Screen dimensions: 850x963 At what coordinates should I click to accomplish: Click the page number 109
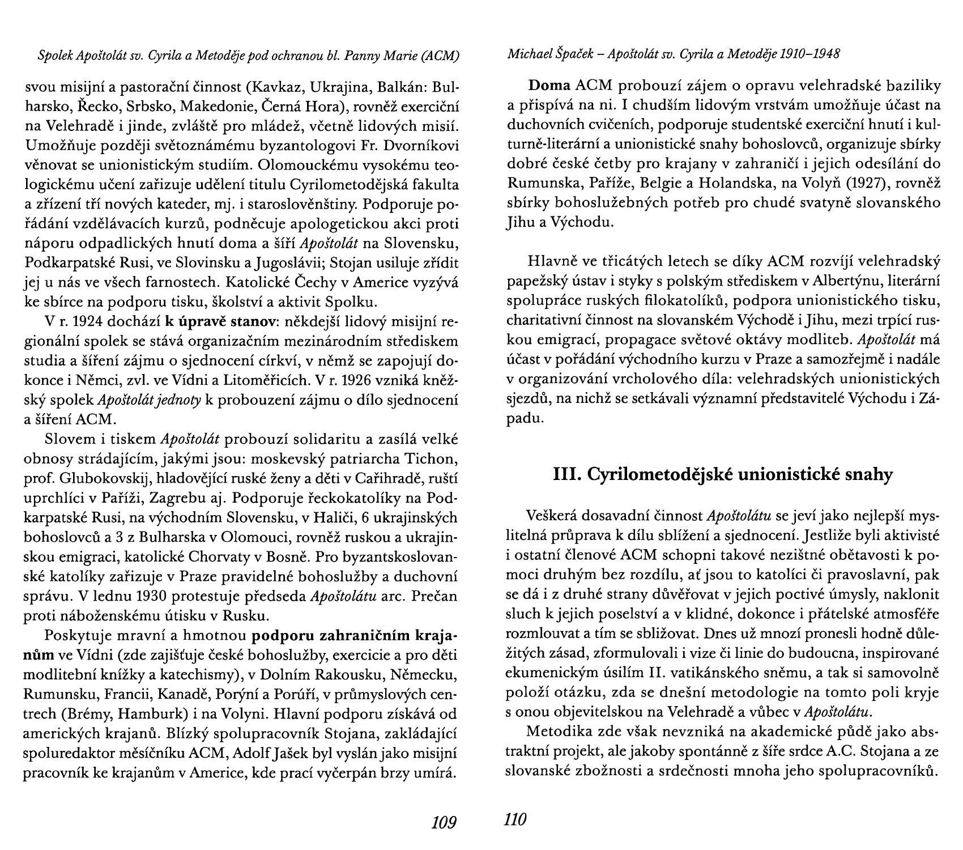[x=444, y=822]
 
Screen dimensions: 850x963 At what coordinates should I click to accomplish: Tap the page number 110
[x=515, y=819]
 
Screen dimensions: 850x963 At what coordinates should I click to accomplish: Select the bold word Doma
[x=549, y=86]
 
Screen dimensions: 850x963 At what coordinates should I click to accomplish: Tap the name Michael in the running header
[x=527, y=54]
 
